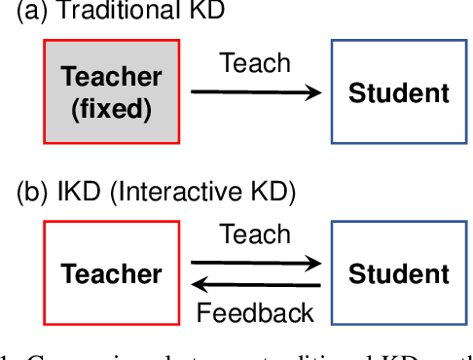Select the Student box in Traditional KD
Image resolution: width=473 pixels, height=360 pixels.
click(398, 92)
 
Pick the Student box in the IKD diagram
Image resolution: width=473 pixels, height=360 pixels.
click(398, 272)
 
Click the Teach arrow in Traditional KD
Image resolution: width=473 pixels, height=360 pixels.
click(255, 92)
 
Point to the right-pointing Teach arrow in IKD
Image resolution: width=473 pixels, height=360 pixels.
click(255, 263)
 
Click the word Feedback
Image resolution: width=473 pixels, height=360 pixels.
click(255, 312)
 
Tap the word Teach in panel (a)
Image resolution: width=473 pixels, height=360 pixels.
click(255, 64)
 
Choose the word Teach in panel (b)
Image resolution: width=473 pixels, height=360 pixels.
click(255, 235)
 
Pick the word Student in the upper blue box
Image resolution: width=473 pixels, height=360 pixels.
click(398, 93)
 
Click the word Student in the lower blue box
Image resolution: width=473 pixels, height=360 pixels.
click(398, 273)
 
